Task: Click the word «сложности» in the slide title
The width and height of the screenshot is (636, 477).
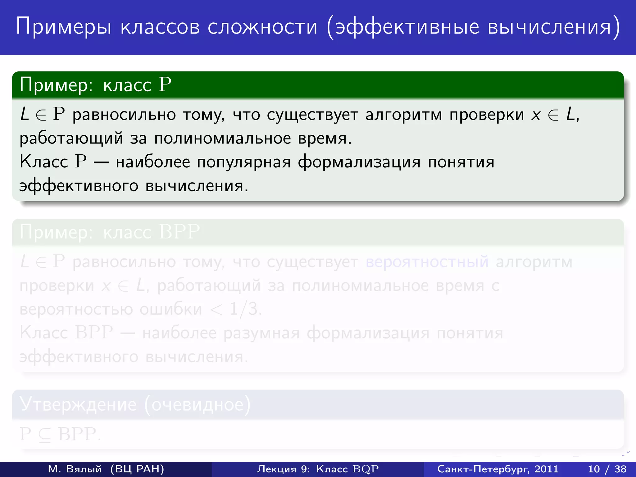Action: click(262, 27)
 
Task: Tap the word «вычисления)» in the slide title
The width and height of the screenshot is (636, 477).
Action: click(554, 27)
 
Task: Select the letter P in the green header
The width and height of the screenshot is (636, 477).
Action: click(165, 84)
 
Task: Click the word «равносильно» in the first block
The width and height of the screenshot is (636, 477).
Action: click(124, 115)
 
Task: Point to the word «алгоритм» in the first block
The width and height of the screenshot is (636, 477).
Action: click(404, 115)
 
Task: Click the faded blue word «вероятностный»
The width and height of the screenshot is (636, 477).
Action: click(427, 262)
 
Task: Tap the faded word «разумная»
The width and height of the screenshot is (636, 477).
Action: click(261, 333)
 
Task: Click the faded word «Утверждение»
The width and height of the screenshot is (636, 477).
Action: click(78, 404)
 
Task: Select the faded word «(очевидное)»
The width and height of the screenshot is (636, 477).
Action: click(198, 404)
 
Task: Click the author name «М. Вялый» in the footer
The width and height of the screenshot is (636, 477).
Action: click(75, 469)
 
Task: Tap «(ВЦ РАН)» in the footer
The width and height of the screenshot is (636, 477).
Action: click(137, 469)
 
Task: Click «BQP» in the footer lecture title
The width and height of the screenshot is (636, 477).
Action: click(366, 469)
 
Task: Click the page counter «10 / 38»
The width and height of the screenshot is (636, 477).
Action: click(607, 469)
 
